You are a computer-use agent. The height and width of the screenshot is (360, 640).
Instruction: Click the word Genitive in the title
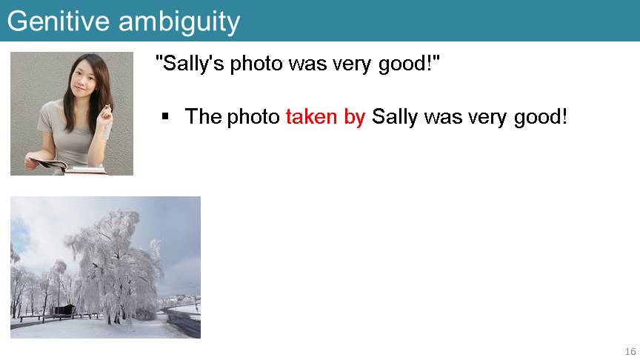pyautogui.click(x=59, y=21)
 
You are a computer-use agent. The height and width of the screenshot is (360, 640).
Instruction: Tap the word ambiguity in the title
pyautogui.click(x=179, y=23)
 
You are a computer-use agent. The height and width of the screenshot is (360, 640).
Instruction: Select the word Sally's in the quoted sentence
pyautogui.click(x=193, y=64)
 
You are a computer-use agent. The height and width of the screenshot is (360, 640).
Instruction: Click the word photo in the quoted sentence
pyautogui.click(x=256, y=64)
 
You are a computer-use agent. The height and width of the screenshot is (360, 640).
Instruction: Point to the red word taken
pyautogui.click(x=311, y=116)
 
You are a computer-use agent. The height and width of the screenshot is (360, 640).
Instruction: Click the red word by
pyautogui.click(x=354, y=118)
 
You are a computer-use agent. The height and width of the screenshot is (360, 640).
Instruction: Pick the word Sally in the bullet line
pyautogui.click(x=395, y=118)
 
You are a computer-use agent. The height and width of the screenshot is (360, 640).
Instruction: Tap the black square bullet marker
pyautogui.click(x=165, y=117)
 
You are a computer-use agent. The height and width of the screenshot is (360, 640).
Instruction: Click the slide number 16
pyautogui.click(x=630, y=351)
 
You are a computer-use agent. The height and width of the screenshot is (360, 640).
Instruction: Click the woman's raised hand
pyautogui.click(x=105, y=113)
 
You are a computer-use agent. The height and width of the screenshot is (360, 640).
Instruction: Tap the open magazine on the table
pyautogui.click(x=49, y=164)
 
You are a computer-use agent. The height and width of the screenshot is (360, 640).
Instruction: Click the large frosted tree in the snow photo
pyautogui.click(x=116, y=265)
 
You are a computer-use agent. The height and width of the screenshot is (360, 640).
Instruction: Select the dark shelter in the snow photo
pyautogui.click(x=64, y=310)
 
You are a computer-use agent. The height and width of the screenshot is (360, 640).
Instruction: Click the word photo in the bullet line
pyautogui.click(x=253, y=118)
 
